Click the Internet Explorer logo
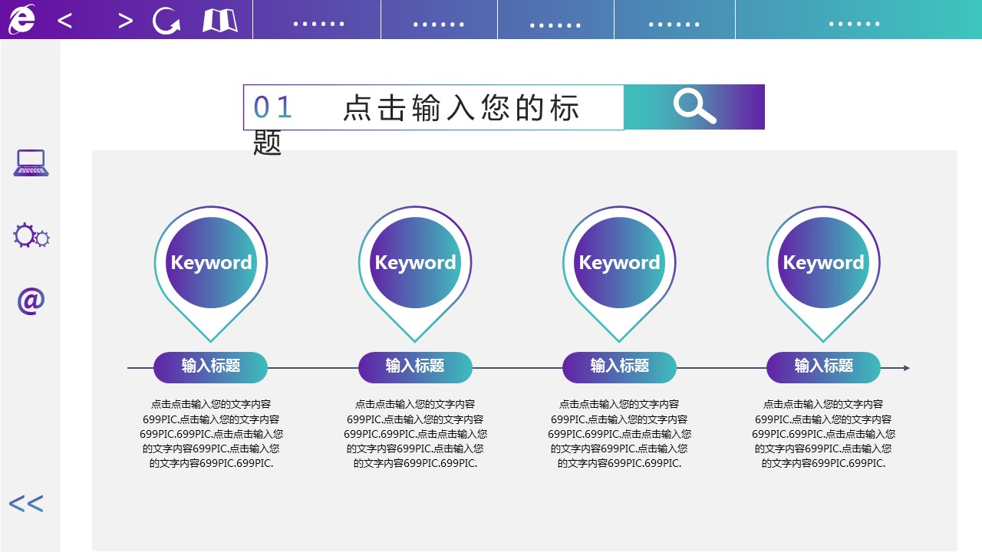point(22,20)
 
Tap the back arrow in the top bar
point(64,21)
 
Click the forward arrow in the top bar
point(125,21)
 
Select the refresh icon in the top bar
point(166,20)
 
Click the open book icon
point(220,21)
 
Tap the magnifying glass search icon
point(694,107)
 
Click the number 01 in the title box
point(272,107)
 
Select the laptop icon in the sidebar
point(31,163)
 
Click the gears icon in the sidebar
point(31,235)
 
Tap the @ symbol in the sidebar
point(31,301)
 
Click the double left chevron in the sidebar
point(26,504)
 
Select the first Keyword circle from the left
point(211,262)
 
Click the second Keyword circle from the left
point(415,262)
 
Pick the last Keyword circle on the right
point(823,262)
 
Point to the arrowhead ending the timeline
point(907,368)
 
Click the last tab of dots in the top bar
point(855,24)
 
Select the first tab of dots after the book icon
point(318,24)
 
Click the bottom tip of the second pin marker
point(415,342)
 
